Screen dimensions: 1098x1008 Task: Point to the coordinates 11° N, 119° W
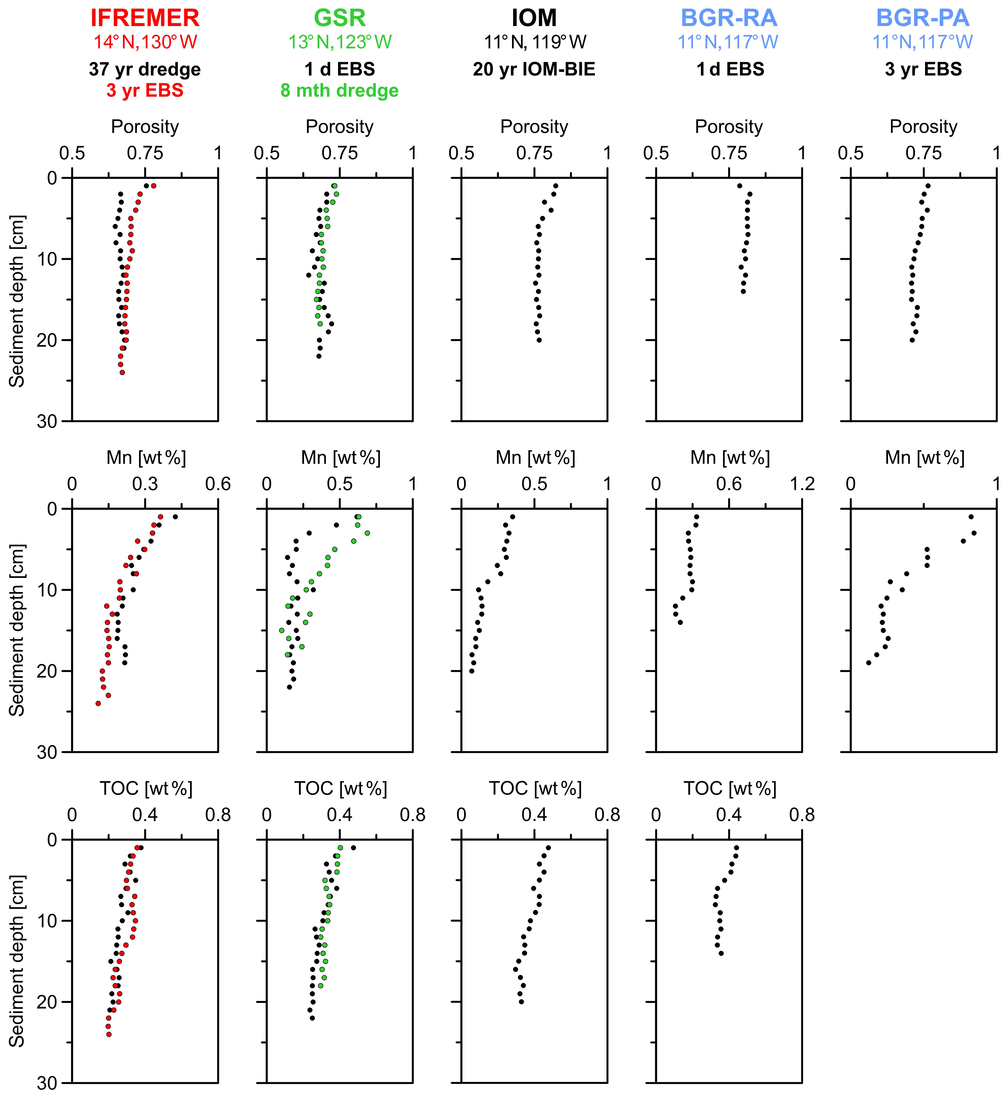point(535,42)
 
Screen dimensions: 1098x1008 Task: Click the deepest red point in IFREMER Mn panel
point(98,703)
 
